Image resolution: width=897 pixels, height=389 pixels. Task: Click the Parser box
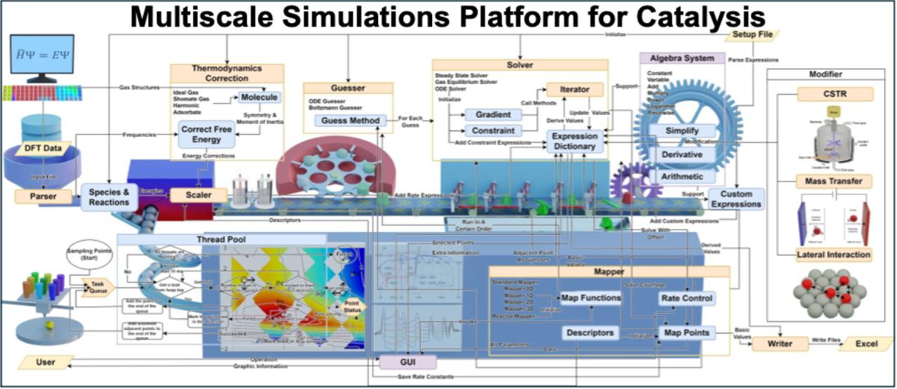(x=44, y=197)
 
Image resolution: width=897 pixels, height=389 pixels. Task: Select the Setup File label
(x=753, y=35)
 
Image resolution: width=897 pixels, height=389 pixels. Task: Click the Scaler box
(x=198, y=196)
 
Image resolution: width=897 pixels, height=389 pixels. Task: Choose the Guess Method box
(x=346, y=121)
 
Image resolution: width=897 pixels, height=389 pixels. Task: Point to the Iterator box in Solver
(x=574, y=90)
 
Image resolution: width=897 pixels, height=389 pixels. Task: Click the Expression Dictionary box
(x=574, y=142)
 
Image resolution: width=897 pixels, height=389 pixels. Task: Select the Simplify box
(x=681, y=131)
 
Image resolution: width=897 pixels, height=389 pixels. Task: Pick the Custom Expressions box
(x=736, y=199)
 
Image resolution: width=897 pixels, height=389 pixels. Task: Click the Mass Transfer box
(x=834, y=182)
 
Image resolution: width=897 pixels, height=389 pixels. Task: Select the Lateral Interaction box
(x=834, y=254)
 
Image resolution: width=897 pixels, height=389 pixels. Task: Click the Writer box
(x=780, y=344)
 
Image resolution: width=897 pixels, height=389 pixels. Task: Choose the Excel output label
(x=865, y=344)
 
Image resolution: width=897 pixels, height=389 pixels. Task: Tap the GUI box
(x=407, y=362)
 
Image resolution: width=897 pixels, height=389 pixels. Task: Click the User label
(x=46, y=362)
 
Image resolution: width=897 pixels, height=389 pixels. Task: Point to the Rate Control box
(x=687, y=298)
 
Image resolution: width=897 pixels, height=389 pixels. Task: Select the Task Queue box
(x=97, y=288)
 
